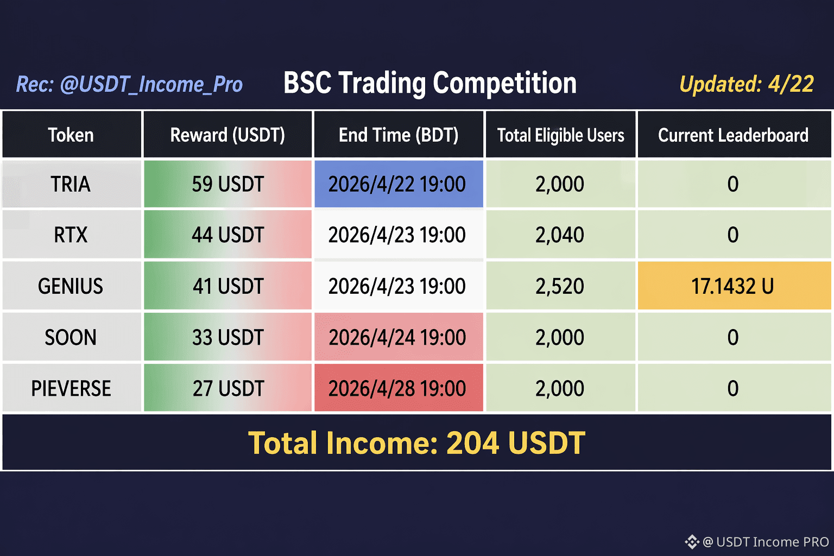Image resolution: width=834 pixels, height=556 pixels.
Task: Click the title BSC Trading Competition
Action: coord(430,84)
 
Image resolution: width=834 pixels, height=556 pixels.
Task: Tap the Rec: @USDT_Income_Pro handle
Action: coord(129,84)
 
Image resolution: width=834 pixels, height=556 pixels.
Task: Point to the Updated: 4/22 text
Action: coord(747,84)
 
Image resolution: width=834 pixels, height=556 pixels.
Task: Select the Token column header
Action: coord(72,135)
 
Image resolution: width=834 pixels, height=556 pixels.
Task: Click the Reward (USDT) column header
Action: coord(228,135)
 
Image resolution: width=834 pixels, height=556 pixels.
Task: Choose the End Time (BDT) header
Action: coord(399,135)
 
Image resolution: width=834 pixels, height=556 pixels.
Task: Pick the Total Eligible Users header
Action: coord(561,135)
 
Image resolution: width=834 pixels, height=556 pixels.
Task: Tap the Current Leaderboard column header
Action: coord(734,135)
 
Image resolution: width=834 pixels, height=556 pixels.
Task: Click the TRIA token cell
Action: coord(72,184)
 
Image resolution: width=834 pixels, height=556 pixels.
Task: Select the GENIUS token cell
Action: coord(72,286)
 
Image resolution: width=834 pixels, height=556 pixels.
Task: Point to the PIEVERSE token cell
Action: coord(72,388)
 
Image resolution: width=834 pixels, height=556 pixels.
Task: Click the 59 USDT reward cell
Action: coord(228,184)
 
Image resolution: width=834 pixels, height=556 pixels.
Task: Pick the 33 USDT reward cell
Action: coord(228,337)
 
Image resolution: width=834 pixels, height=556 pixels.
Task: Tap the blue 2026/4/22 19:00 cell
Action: coord(399,184)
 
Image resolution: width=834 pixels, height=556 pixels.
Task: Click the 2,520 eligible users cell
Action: coord(561,286)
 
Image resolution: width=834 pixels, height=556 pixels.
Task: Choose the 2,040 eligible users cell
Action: coord(561,235)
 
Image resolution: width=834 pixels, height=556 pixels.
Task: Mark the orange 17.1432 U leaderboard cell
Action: coord(734,286)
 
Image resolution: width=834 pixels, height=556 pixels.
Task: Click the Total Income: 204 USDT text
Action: coord(416,443)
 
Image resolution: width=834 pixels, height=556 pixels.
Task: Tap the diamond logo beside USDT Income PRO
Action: coord(692,542)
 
